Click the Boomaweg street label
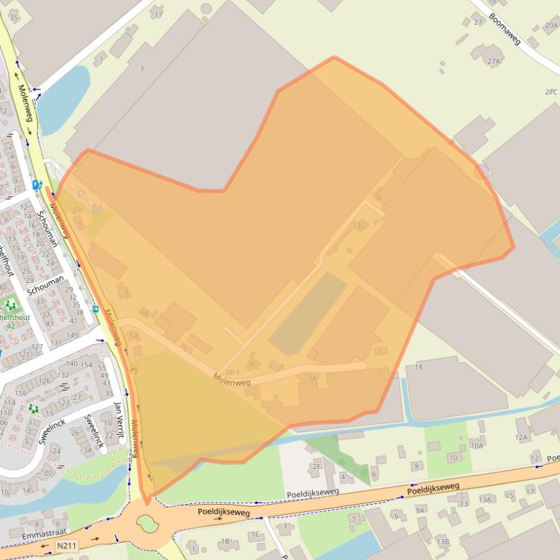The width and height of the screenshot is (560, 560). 505,28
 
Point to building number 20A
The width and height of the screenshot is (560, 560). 551,25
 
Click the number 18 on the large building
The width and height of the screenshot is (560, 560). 418,367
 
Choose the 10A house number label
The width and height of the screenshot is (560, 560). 477,445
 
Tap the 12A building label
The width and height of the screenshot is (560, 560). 521,437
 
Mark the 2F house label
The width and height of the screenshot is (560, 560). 316,466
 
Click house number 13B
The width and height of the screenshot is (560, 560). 442,541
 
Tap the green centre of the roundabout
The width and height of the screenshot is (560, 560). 147,521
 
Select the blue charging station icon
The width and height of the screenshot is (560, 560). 36,185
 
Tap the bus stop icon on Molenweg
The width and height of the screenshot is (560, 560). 95,308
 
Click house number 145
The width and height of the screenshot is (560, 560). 73,335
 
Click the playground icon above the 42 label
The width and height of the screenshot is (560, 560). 10,305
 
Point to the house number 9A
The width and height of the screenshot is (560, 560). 420,510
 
